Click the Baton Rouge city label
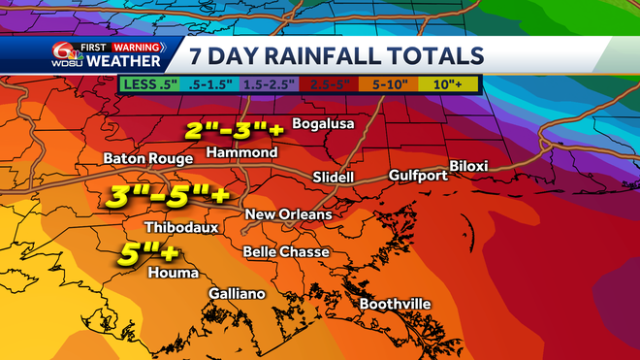(143, 158)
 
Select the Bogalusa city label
(325, 125)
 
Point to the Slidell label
(334, 178)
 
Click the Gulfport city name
(418, 176)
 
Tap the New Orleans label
(288, 214)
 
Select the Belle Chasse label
(286, 252)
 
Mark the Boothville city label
(396, 305)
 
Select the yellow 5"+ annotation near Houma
(148, 254)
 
